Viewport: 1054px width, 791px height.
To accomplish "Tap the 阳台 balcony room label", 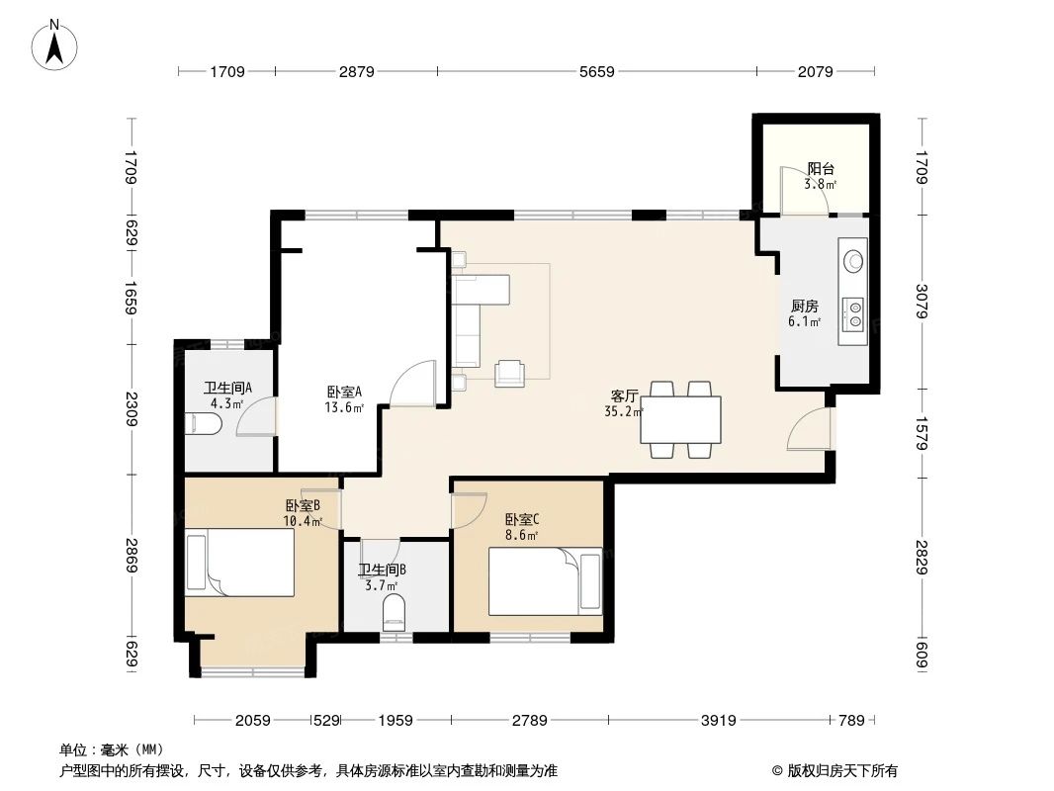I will pyautogui.click(x=820, y=169).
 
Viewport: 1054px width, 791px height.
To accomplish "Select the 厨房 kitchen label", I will pyautogui.click(x=804, y=306).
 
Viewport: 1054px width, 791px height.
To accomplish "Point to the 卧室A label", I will pyautogui.click(x=344, y=391).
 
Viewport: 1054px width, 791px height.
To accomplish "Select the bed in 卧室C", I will pyautogui.click(x=545, y=581).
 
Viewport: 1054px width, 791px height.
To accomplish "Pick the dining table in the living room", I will pyautogui.click(x=680, y=419).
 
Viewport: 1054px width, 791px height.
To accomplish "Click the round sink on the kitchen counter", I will pyautogui.click(x=853, y=261).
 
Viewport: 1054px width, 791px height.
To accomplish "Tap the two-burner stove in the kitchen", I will pyautogui.click(x=852, y=314).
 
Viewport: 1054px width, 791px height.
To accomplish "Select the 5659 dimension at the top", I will pyautogui.click(x=596, y=71).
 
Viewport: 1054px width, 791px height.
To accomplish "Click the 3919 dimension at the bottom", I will pyautogui.click(x=719, y=720).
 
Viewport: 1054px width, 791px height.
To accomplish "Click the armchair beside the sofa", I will pyautogui.click(x=510, y=371).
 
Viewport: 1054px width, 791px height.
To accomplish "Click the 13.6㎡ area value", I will pyautogui.click(x=344, y=405).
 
